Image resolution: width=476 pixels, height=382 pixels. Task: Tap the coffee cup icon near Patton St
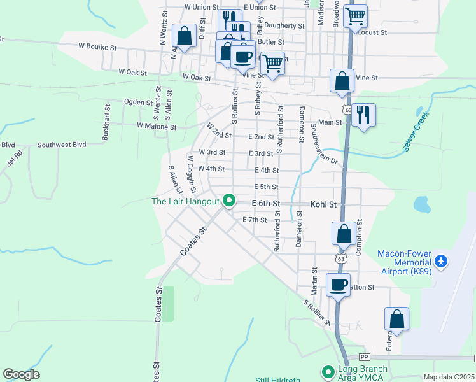tap(339, 285)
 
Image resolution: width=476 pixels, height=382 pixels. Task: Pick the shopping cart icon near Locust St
tap(356, 15)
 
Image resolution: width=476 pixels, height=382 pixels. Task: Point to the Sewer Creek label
tap(416, 131)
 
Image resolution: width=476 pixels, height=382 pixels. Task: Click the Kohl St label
tap(323, 204)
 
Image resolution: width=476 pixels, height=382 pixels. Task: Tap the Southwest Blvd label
tap(62, 145)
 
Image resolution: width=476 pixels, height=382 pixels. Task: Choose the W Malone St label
tap(156, 127)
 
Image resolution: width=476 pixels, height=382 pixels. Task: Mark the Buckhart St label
tap(106, 127)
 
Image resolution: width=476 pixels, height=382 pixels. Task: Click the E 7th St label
tap(255, 220)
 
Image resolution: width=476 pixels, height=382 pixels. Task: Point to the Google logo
tap(21, 374)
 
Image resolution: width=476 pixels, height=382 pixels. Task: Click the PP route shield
tap(364, 357)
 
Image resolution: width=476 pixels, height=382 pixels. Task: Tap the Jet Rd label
tap(14, 157)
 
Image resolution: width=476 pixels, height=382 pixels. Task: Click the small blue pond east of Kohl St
tap(421, 204)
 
